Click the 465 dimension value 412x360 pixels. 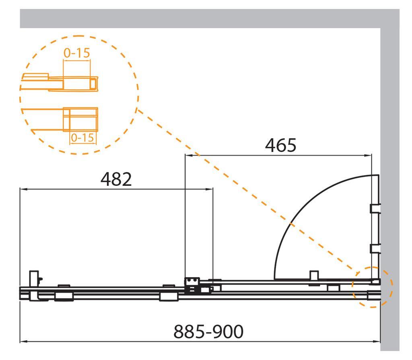(280, 145)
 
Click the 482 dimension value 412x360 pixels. (116, 179)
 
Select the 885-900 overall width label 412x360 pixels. (208, 331)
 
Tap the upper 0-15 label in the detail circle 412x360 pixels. (77, 53)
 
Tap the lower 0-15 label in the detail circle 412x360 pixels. (82, 138)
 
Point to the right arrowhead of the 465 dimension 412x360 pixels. (368, 155)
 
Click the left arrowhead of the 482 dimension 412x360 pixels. (24, 189)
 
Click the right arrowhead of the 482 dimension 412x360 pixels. (209, 189)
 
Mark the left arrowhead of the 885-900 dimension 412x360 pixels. (24, 341)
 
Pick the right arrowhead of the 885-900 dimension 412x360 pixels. (377, 341)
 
